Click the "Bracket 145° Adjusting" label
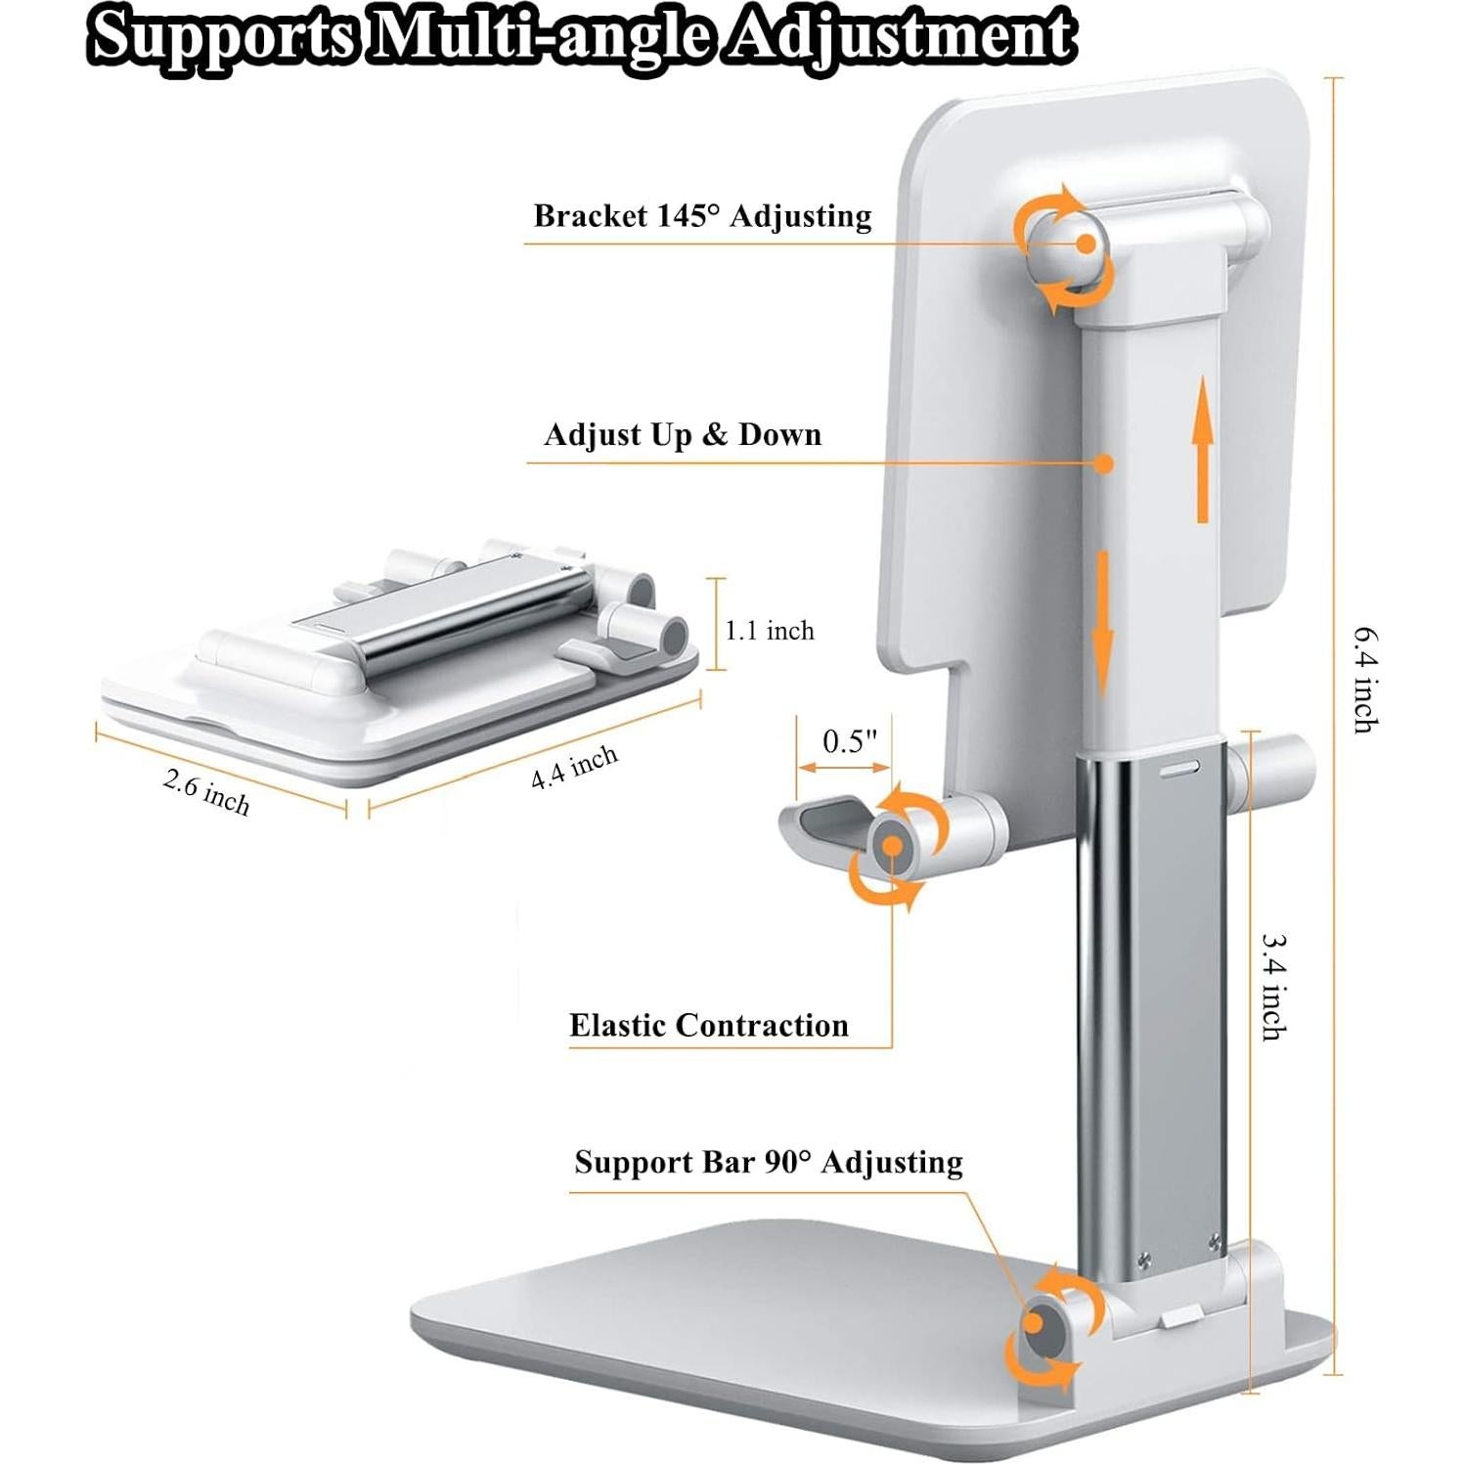[702, 216]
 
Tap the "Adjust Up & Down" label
[683, 434]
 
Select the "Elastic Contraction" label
[709, 1025]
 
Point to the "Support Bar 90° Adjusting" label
[769, 1162]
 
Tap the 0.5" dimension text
[844, 742]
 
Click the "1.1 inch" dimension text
[770, 631]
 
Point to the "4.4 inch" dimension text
[574, 767]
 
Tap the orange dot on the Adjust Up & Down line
[1104, 464]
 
